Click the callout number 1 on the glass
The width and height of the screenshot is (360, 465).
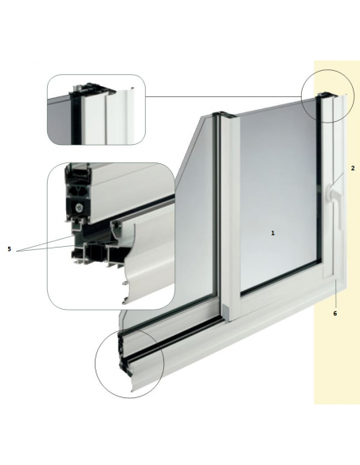click(273, 233)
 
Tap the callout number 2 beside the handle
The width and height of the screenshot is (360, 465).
click(353, 168)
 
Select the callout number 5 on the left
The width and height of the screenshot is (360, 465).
click(10, 249)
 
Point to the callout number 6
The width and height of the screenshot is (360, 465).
click(335, 314)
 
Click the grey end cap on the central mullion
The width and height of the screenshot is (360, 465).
click(225, 313)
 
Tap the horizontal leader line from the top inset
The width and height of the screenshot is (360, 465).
click(223, 96)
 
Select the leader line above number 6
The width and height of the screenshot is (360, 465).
click(335, 294)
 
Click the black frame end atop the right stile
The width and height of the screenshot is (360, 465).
click(327, 96)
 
